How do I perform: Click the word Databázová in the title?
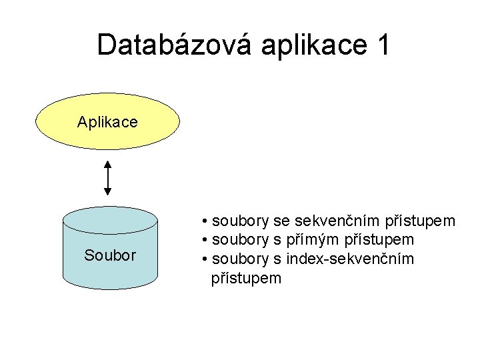coord(176,45)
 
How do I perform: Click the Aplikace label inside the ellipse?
coord(107,122)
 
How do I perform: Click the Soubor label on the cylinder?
coord(110,255)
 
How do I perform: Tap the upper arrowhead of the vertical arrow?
coord(107,164)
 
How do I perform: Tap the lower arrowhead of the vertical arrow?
coord(107,191)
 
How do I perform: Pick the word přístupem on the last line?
coord(246,277)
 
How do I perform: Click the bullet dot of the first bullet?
coord(204,221)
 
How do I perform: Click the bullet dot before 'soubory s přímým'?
coord(204,239)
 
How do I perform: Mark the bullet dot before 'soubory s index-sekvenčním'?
coord(204,258)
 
